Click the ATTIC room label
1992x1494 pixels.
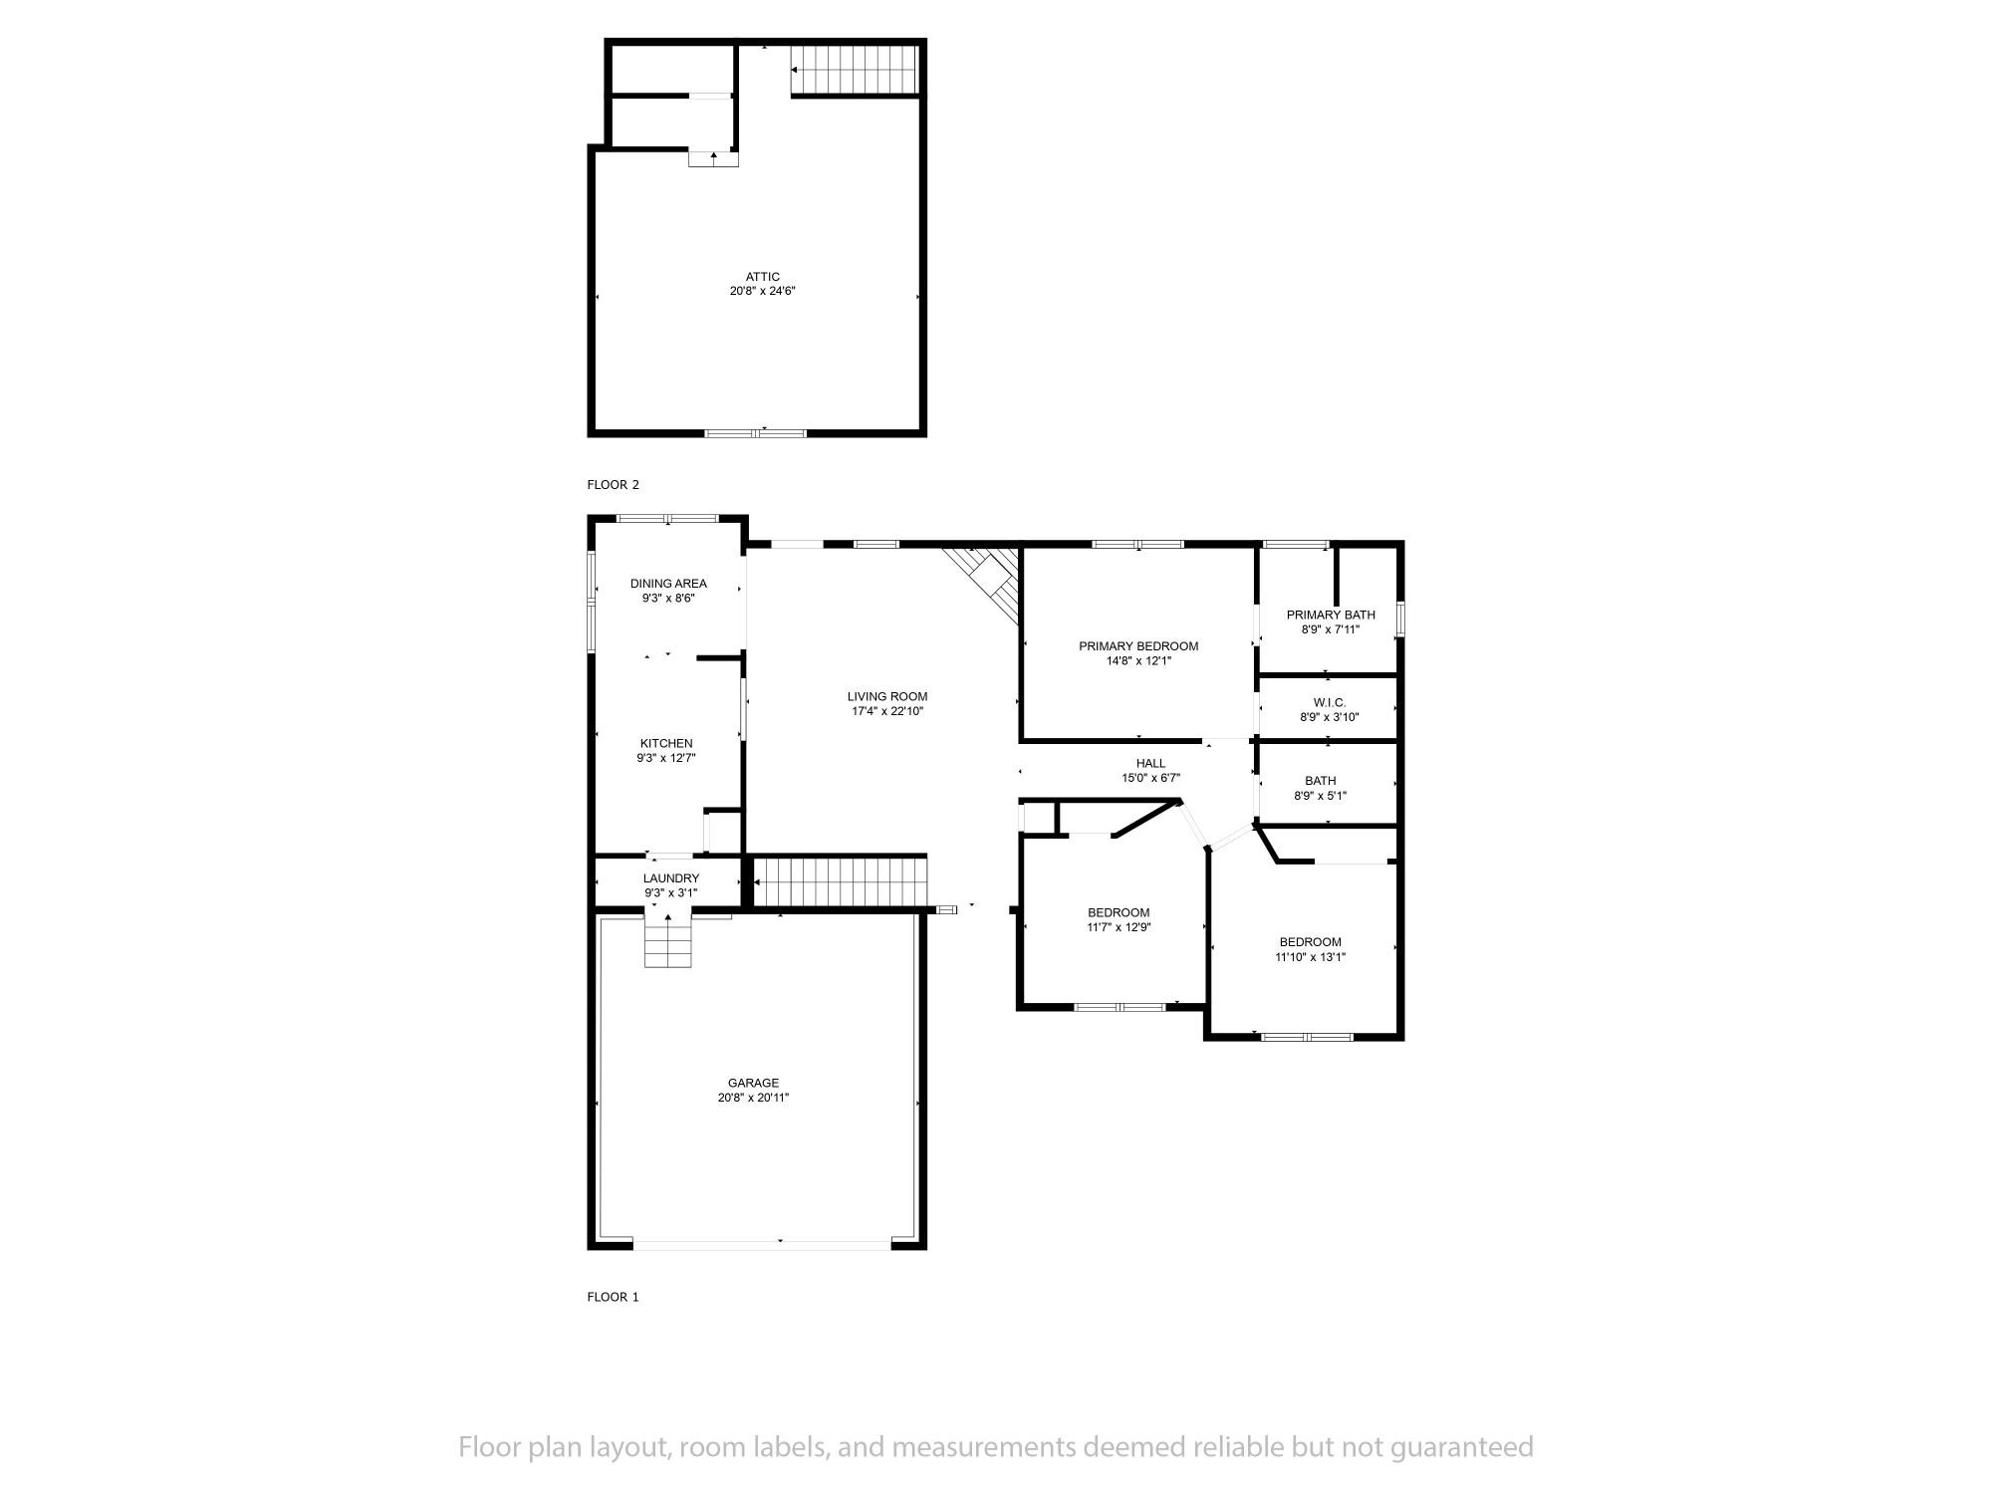763,277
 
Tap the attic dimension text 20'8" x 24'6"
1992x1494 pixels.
763,292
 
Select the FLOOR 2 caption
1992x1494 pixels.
614,485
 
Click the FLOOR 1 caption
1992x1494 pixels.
614,1297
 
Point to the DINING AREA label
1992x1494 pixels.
668,584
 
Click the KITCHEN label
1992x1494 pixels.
666,743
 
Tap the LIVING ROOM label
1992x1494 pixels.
887,697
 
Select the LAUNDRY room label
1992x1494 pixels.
671,878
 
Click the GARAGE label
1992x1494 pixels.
753,1083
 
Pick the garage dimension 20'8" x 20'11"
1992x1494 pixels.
753,1098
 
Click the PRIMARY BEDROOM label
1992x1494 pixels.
1138,646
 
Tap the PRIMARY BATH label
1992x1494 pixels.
1331,615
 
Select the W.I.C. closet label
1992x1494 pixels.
1330,702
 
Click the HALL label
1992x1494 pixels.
1150,764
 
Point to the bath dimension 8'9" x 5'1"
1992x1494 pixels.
1321,796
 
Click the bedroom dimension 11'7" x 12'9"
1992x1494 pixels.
1119,927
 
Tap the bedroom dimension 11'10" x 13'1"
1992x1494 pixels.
1311,957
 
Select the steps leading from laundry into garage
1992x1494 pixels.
667,940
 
